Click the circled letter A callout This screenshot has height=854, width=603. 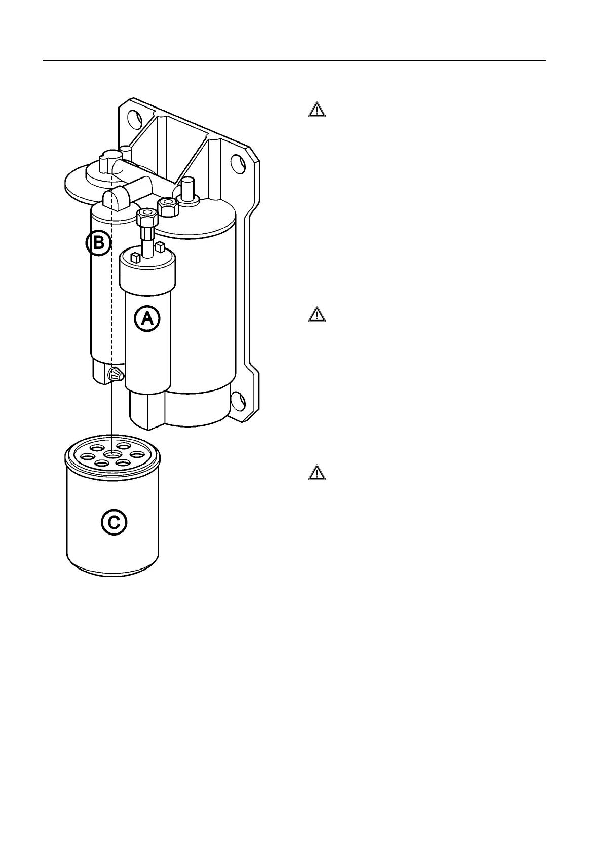click(x=147, y=318)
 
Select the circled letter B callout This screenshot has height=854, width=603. click(x=97, y=244)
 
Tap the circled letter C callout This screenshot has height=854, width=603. click(x=114, y=522)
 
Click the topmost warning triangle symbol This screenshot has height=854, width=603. click(x=317, y=110)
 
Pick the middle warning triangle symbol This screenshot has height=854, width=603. click(x=317, y=314)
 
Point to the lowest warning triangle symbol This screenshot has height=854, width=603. click(x=317, y=473)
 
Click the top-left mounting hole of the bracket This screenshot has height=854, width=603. click(x=134, y=120)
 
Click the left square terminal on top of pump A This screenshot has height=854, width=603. click(x=135, y=258)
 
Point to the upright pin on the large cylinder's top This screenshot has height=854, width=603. click(x=188, y=190)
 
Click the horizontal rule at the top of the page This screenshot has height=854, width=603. click(x=294, y=61)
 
